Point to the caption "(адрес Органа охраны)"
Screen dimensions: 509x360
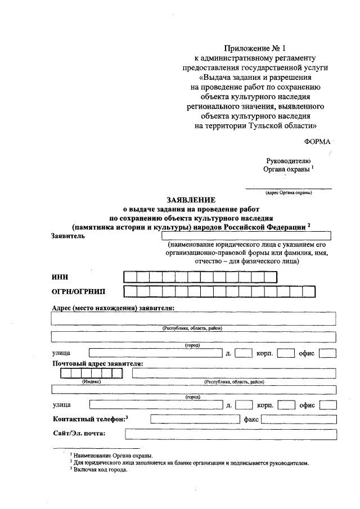(x=289, y=193)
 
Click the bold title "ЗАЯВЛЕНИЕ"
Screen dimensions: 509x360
(x=190, y=200)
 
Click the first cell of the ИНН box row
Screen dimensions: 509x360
(x=130, y=276)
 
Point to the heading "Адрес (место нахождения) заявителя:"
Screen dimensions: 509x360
(x=112, y=308)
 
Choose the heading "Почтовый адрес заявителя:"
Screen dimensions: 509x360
(x=97, y=364)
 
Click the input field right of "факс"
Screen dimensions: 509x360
(x=298, y=418)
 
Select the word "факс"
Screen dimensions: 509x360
(x=251, y=418)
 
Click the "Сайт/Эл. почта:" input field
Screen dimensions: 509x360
(x=231, y=434)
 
